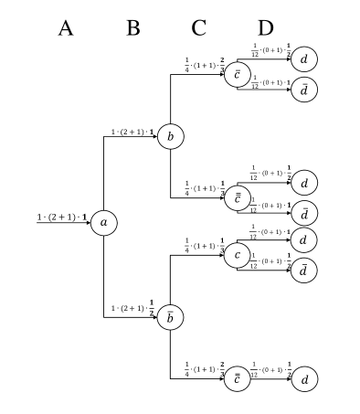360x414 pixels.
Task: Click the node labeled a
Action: pos(103,223)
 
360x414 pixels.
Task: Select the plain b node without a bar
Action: pos(170,137)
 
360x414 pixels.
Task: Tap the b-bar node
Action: pos(170,318)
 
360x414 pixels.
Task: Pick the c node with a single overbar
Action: pos(238,75)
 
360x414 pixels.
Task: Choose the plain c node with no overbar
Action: pos(238,255)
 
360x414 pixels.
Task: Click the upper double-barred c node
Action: pos(238,198)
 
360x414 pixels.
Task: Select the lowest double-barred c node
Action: pos(238,378)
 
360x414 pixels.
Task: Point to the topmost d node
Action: pos(304,59)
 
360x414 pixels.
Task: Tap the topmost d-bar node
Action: pos(304,90)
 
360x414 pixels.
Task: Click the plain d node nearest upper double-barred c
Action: pos(304,183)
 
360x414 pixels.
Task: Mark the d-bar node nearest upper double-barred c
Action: pos(304,214)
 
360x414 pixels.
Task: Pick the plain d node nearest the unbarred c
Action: pos(304,240)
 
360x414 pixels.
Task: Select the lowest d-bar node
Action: pos(304,271)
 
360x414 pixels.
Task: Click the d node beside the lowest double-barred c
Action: pos(304,378)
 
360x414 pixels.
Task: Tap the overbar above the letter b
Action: pos(170,312)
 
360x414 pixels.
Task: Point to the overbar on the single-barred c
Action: pos(238,69)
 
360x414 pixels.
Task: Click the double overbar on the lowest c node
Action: pos(238,373)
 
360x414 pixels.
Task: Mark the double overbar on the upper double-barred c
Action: pos(238,193)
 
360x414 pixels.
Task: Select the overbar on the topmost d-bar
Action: pos(304,83)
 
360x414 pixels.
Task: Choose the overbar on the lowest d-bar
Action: pos(304,264)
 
